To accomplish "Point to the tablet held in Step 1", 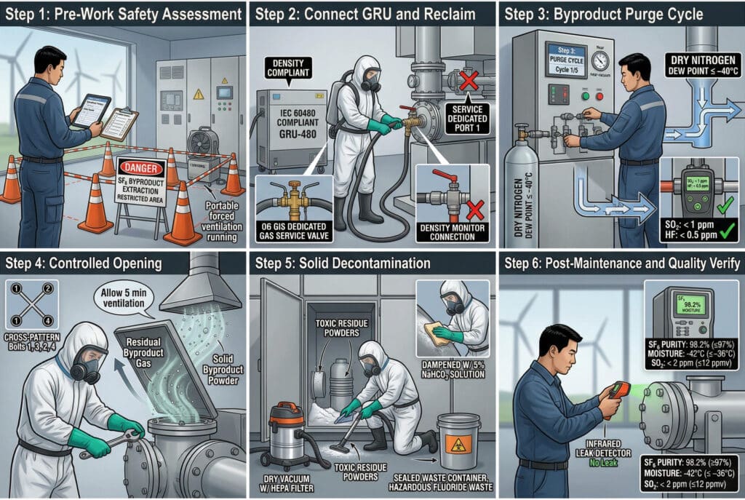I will coord(91,110).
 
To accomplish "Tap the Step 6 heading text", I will coord(621,262).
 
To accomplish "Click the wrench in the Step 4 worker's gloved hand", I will coord(109,443).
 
